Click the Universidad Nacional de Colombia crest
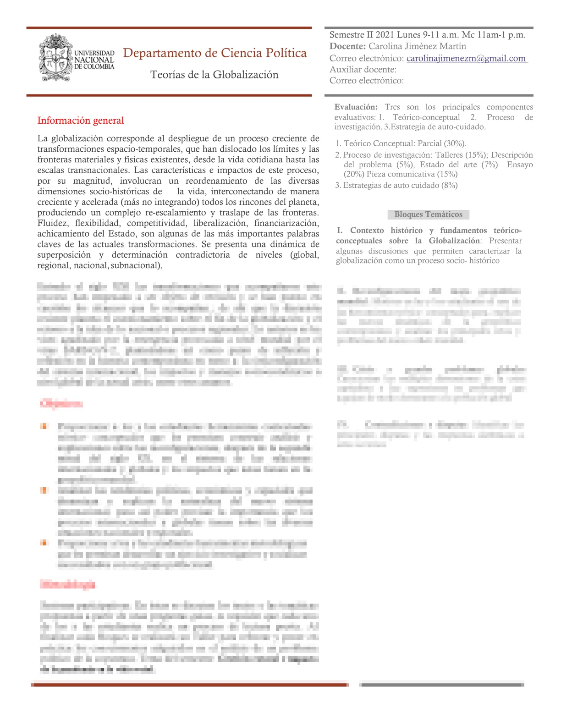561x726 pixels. [x=55, y=58]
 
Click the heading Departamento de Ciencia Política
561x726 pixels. [x=214, y=53]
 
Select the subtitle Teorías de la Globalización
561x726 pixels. [x=214, y=75]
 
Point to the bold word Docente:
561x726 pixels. [x=347, y=46]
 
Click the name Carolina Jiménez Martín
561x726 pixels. [x=417, y=46]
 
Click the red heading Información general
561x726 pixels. [x=81, y=121]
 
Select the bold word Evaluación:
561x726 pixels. [x=356, y=107]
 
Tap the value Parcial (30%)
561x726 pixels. [x=441, y=143]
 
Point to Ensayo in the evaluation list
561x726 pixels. [x=520, y=165]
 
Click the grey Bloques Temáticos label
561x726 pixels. [x=428, y=214]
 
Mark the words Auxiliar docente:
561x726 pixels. [x=363, y=70]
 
